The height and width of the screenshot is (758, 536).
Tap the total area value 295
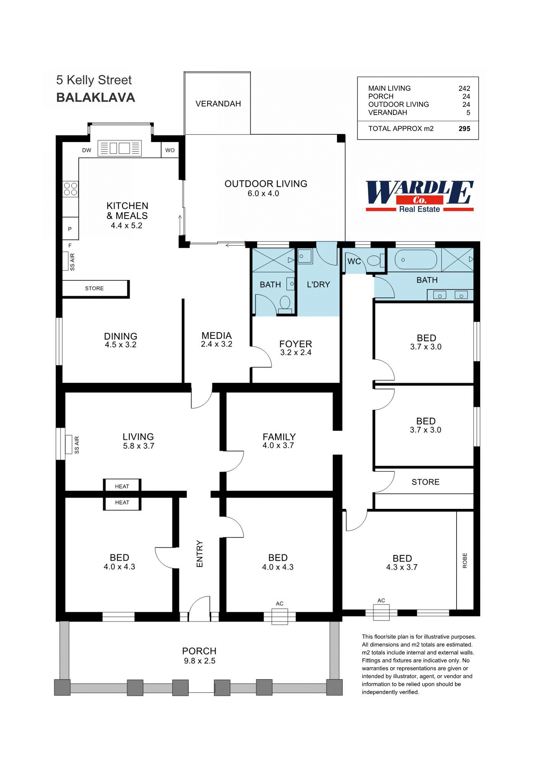coord(464,129)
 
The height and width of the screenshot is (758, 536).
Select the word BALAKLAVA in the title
coord(96,97)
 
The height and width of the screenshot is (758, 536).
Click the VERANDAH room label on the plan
coord(218,104)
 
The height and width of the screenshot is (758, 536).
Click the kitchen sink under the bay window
coord(120,148)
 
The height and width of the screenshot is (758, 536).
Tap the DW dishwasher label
coord(87,150)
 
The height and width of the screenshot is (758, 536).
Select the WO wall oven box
coord(170,150)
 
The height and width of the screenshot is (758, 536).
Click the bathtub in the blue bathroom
coord(415,261)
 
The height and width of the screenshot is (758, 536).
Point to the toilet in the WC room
coord(375,261)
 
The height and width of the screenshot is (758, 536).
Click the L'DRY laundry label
coord(318,285)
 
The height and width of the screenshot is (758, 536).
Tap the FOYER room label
coord(296,344)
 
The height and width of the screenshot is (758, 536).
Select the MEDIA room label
coord(217,335)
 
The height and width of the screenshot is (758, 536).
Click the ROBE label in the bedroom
coord(465,560)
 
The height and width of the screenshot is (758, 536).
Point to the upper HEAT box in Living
coord(122,486)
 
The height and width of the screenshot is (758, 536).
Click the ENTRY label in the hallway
coord(199,554)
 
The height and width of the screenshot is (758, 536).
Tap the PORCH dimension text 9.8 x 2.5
coord(199,661)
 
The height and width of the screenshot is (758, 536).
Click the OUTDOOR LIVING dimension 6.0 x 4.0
coord(263,194)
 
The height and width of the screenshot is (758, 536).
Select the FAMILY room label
coord(279,436)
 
